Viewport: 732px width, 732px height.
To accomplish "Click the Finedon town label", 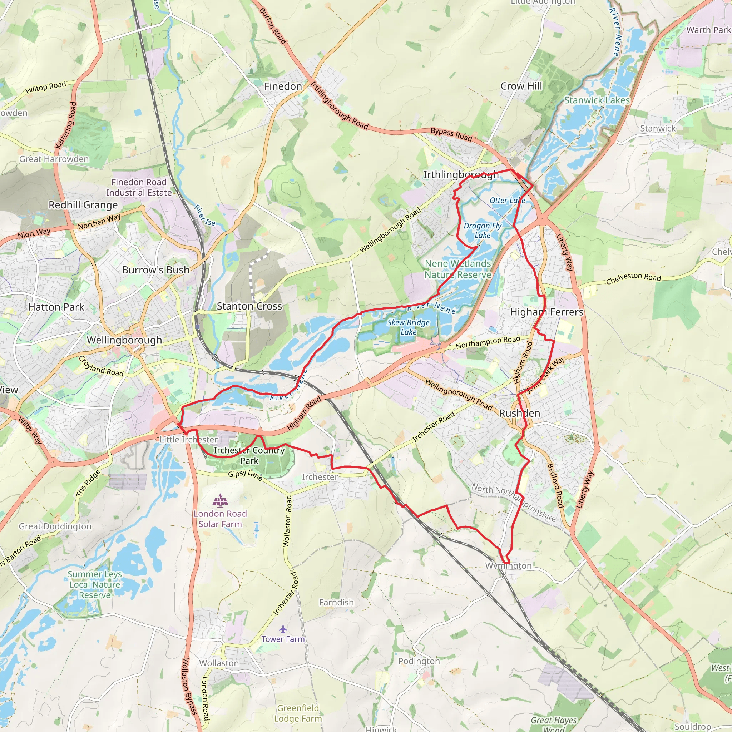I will (283, 86).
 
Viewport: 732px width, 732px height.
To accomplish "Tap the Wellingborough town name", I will (124, 340).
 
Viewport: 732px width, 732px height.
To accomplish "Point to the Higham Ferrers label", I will (546, 312).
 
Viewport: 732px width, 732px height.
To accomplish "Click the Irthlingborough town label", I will (461, 175).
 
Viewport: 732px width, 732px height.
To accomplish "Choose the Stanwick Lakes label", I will (597, 100).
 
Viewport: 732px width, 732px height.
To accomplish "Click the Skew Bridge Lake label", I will (409, 327).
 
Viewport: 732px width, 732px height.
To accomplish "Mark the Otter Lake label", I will (507, 201).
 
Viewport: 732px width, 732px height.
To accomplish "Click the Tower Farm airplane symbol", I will (283, 629).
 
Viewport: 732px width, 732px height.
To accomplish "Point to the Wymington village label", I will (508, 566).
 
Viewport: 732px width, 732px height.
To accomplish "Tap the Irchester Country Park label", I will (249, 455).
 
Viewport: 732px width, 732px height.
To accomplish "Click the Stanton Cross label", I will (249, 306).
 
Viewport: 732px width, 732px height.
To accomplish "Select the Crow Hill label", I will (521, 86).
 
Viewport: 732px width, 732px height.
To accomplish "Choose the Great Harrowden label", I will (54, 159).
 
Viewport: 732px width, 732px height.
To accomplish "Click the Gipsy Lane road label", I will (245, 475).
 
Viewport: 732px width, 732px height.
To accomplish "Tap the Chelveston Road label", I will (633, 278).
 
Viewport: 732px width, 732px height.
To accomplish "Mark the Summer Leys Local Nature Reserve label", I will (94, 584).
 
